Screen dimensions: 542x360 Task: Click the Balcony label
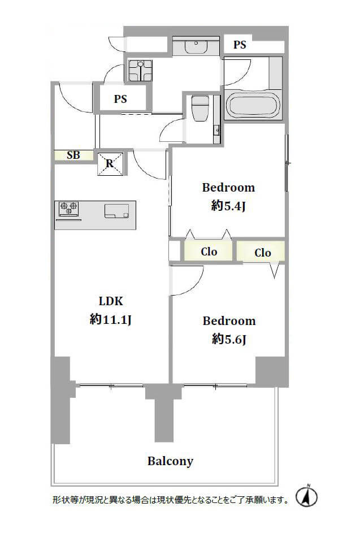click(170, 461)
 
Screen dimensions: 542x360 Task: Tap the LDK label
click(111, 301)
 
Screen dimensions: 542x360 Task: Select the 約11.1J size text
click(111, 320)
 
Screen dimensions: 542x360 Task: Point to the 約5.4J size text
click(228, 206)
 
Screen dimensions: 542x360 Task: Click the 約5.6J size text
click(229, 339)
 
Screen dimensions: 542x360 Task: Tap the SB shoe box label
click(73, 155)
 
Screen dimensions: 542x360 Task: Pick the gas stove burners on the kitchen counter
click(69, 209)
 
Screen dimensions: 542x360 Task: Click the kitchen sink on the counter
click(117, 211)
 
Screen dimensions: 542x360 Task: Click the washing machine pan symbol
click(137, 71)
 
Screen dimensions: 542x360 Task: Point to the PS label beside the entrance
click(120, 99)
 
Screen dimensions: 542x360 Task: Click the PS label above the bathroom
click(240, 45)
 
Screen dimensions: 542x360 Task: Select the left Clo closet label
click(209, 252)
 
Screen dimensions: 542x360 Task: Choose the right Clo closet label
click(262, 253)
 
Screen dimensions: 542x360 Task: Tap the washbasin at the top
click(196, 45)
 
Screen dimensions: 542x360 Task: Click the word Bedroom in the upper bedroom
click(228, 188)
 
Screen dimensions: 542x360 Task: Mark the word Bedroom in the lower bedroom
click(229, 321)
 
